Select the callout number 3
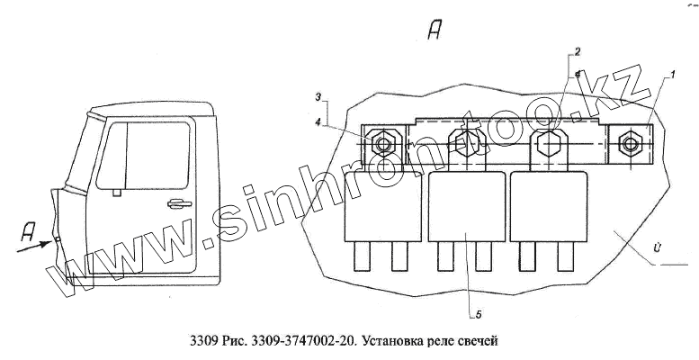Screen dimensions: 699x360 (x=318, y=95)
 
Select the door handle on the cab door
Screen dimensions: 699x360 (x=180, y=204)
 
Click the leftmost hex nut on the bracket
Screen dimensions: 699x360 (x=384, y=144)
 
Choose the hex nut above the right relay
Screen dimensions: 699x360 (x=548, y=142)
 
